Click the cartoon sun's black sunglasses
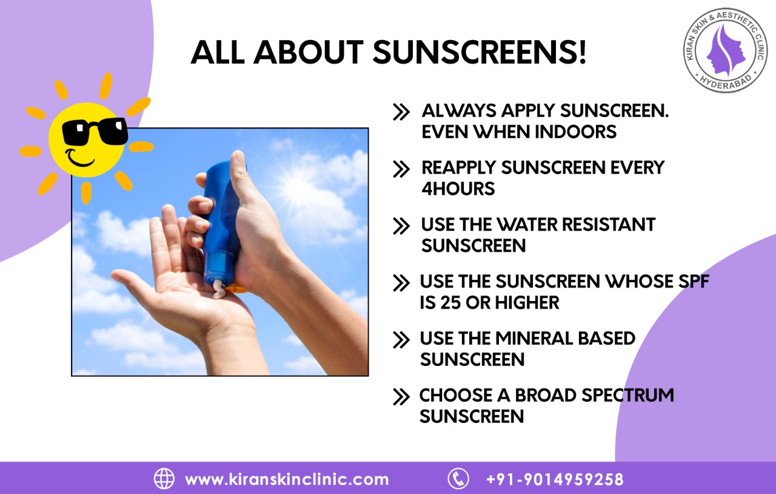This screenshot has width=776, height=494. (x=95, y=131)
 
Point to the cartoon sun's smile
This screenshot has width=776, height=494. (x=81, y=159)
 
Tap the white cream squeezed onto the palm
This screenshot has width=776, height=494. (x=220, y=291)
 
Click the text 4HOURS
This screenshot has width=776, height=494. (x=458, y=189)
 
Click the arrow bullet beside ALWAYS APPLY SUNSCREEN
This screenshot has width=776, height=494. (x=401, y=112)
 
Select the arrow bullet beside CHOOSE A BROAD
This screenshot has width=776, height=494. (x=401, y=397)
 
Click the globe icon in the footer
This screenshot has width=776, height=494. (x=164, y=478)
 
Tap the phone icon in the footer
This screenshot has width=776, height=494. (x=458, y=478)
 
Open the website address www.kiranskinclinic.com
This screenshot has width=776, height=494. (x=287, y=479)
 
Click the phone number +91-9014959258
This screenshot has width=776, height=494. (x=555, y=479)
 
